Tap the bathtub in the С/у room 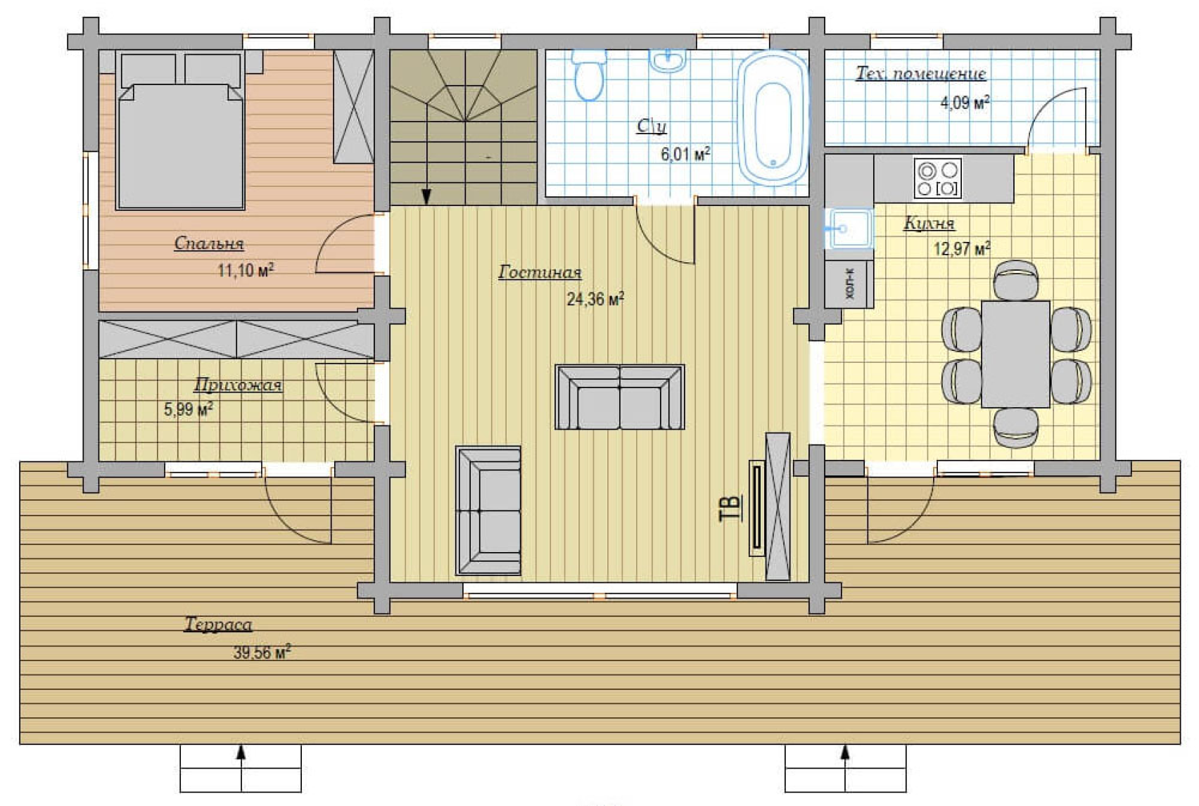pyautogui.click(x=773, y=118)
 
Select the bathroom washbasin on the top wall pyautogui.click(x=668, y=60)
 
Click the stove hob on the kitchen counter pyautogui.click(x=938, y=178)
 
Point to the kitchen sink pyautogui.click(x=849, y=229)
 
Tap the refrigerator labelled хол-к pyautogui.click(x=849, y=284)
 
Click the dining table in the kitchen pyautogui.click(x=1015, y=354)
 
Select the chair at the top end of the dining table pyautogui.click(x=1015, y=280)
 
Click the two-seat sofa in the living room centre pyautogui.click(x=620, y=397)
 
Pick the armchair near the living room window pyautogui.click(x=488, y=511)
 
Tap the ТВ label pyautogui.click(x=730, y=508)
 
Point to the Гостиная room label pyautogui.click(x=540, y=272)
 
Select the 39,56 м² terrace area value pyautogui.click(x=262, y=653)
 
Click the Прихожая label pyautogui.click(x=238, y=385)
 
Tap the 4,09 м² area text pyautogui.click(x=965, y=102)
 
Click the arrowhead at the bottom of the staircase pyautogui.click(x=426, y=196)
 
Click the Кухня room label pyautogui.click(x=930, y=223)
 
